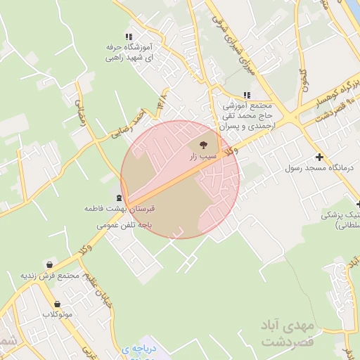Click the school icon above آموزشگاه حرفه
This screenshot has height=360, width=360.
128,37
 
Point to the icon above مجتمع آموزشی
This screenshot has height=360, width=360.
246,95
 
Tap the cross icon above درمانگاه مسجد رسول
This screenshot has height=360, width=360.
320,157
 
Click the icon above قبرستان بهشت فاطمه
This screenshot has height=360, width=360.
120,198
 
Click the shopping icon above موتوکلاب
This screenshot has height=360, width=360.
57,304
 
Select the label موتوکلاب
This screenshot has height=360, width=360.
57,314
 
